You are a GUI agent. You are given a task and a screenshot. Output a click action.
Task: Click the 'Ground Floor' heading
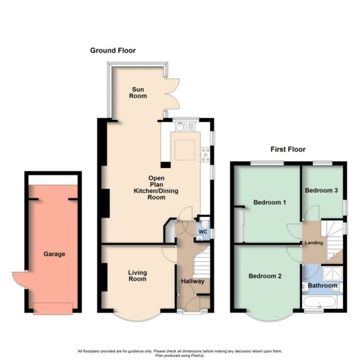tap(112, 51)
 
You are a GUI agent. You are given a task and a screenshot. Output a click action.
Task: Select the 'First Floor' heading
tap(287, 149)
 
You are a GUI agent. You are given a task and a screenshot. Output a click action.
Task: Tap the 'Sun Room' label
tap(137, 92)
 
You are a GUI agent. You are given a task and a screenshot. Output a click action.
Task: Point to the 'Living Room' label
tap(137, 276)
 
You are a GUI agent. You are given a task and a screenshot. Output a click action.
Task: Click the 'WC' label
tap(202, 232)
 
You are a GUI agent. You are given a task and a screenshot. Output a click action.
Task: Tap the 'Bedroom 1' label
tap(270, 202)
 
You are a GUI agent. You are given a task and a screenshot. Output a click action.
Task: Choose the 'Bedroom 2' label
tap(265, 276)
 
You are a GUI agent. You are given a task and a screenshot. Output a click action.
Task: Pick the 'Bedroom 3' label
tap(322, 191)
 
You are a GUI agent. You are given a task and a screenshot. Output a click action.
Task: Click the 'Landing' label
tap(314, 242)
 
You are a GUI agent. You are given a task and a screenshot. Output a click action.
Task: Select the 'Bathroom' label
tap(322, 286)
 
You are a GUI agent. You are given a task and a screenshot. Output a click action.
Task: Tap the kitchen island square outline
tap(184, 151)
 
